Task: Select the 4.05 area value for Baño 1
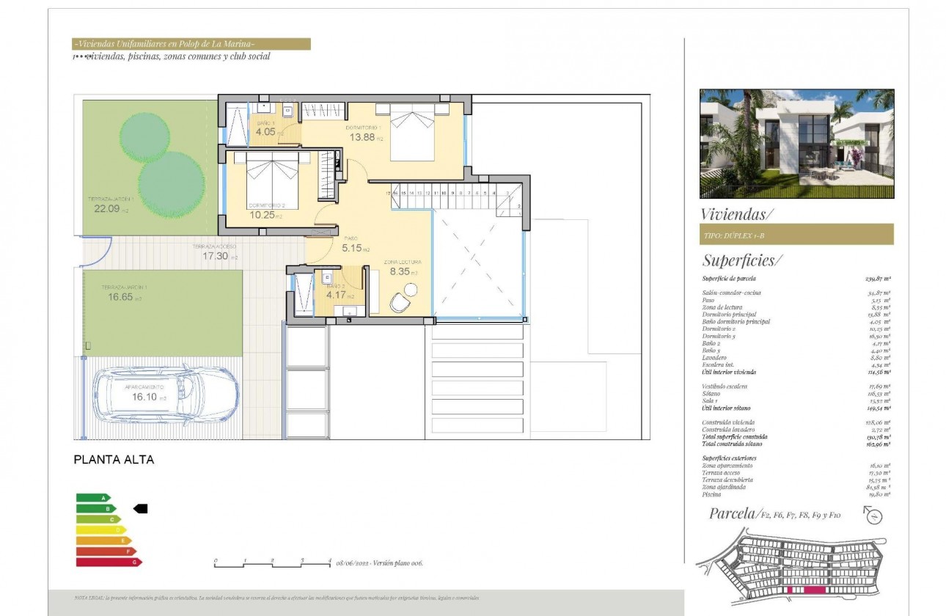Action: [x=264, y=133]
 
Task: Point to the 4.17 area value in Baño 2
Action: [x=336, y=296]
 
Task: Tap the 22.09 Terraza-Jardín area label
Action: [x=106, y=208]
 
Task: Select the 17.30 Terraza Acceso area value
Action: [x=216, y=257]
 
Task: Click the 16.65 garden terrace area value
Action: [x=116, y=298]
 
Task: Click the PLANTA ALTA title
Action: [x=114, y=461]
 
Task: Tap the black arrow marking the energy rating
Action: [x=140, y=508]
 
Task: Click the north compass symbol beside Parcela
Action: [x=873, y=516]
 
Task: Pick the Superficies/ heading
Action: [x=742, y=260]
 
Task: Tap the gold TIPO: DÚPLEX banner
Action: [x=796, y=235]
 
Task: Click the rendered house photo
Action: [x=796, y=144]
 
